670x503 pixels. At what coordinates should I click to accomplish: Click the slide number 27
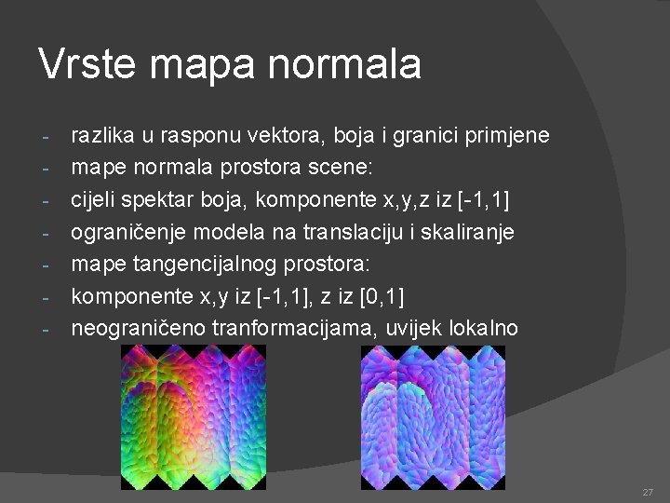tap(647, 491)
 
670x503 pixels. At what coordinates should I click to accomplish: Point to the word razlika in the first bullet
tap(102, 136)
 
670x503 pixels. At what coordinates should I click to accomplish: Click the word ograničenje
tap(126, 232)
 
